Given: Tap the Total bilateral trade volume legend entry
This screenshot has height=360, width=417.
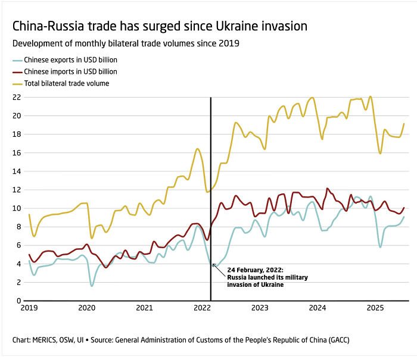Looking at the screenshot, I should tap(66, 83).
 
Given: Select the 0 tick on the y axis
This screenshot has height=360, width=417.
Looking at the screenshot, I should tap(18, 301).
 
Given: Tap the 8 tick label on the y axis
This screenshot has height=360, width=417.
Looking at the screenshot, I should tap(18, 227).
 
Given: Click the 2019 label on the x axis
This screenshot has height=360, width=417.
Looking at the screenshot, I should tap(29, 308).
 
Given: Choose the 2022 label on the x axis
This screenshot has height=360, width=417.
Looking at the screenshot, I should tap(203, 308).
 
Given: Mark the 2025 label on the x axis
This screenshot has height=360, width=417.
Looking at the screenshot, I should tap(375, 308).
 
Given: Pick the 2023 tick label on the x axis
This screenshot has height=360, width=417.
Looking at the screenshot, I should tap(260, 308).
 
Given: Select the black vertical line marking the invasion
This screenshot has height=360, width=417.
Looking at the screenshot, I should tap(211, 179).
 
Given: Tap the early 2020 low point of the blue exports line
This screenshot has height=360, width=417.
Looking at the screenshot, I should tap(92, 286).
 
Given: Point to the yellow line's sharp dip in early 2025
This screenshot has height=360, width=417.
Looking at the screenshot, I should tap(380, 154).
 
